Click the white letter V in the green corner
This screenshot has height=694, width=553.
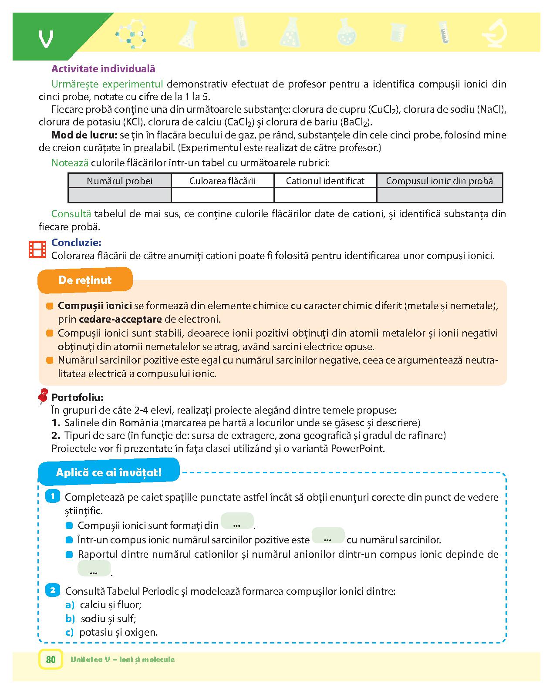(46, 39)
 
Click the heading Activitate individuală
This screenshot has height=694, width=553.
(103, 69)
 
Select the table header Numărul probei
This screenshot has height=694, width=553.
(120, 181)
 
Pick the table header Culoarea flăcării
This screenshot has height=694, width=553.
(222, 181)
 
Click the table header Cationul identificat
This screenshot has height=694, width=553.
(325, 181)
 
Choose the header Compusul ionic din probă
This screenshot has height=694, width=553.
(439, 181)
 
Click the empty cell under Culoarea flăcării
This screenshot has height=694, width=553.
(222, 195)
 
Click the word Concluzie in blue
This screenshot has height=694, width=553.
(76, 243)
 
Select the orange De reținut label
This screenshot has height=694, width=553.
(85, 280)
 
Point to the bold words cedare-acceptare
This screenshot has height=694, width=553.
(120, 319)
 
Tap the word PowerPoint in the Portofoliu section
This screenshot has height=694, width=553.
(357, 448)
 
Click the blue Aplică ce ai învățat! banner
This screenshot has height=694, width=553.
(109, 472)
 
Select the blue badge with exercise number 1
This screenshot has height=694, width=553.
(53, 496)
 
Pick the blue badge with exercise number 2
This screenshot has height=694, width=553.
(53, 590)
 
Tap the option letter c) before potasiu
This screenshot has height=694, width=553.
(70, 632)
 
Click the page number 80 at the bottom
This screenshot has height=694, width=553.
(51, 660)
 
